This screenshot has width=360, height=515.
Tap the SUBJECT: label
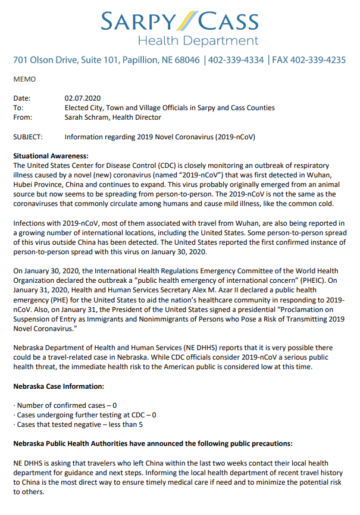point(28,136)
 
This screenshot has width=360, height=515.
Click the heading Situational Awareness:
point(50,155)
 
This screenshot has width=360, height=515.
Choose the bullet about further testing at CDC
point(85,414)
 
